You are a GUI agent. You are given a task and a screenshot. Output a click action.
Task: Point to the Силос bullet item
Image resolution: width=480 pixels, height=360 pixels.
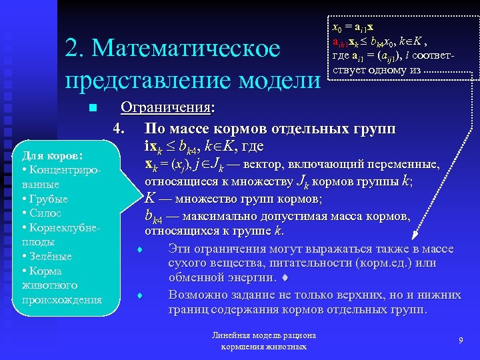pos(44,213)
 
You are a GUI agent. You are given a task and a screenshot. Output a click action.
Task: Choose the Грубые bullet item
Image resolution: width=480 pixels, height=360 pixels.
pos(46,199)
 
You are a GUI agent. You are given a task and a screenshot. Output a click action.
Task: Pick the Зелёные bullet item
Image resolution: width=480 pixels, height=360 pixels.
pos(49,257)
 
